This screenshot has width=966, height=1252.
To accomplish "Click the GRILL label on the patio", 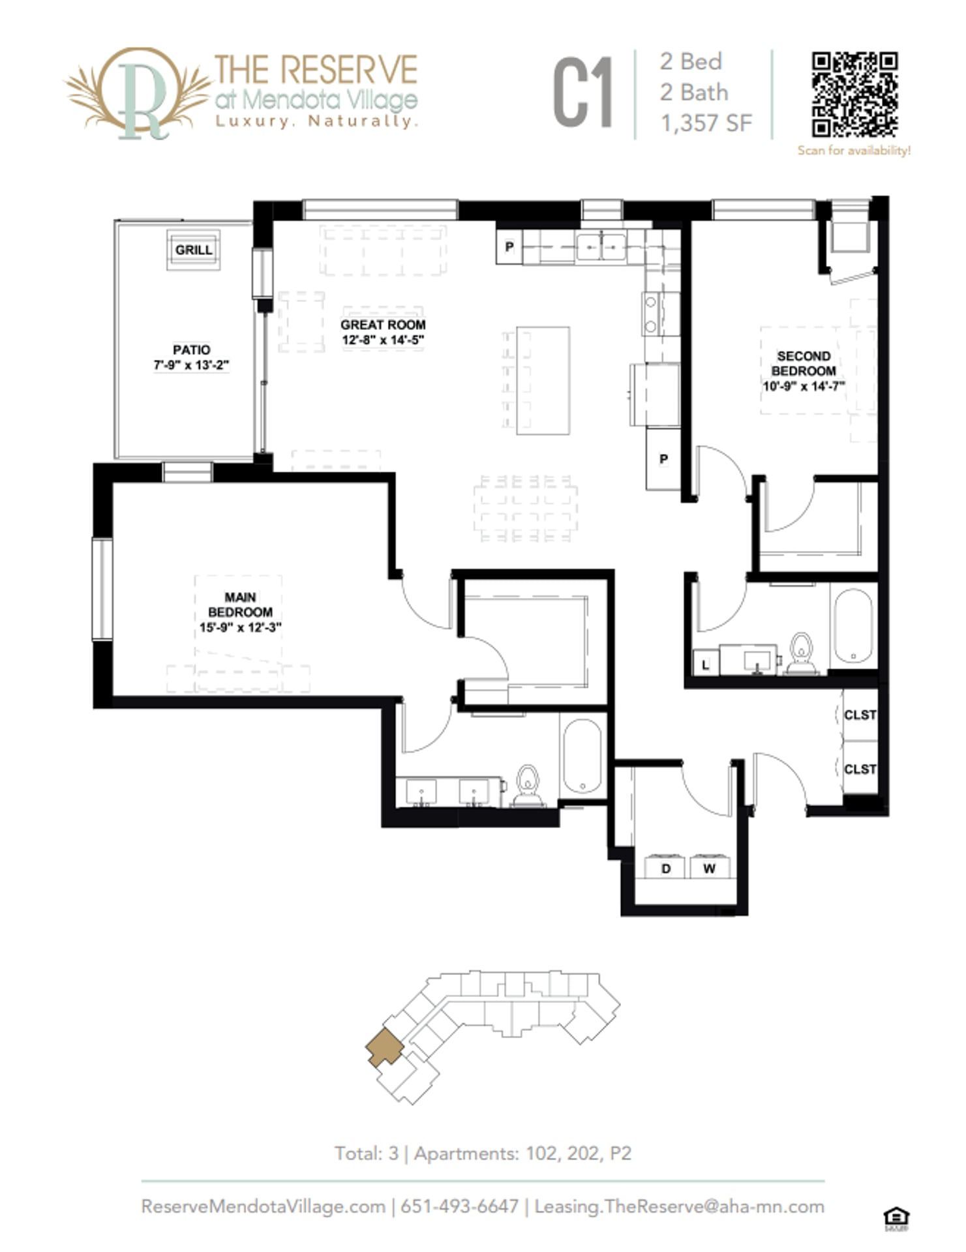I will tap(193, 250).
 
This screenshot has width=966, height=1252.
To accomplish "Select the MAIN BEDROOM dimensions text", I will tap(240, 627).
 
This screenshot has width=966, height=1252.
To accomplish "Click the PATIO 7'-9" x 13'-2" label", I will tap(191, 357).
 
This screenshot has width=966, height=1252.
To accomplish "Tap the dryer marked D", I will tap(665, 868).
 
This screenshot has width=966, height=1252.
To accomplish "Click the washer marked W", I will tap(710, 868).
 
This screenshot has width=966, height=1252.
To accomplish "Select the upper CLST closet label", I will tap(860, 715).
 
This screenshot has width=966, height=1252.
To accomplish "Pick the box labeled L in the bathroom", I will tap(705, 664).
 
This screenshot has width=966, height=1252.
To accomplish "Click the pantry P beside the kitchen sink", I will tap(509, 247).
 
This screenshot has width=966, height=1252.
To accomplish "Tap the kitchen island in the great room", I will tap(543, 380).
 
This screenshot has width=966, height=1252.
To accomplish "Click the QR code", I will tap(854, 95).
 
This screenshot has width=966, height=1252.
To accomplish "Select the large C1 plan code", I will tap(583, 93).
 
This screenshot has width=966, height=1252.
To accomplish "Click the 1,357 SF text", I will tap(706, 123).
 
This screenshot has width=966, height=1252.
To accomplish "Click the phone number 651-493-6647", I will tap(459, 1206).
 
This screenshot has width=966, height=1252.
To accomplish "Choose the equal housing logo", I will tap(896, 1218).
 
